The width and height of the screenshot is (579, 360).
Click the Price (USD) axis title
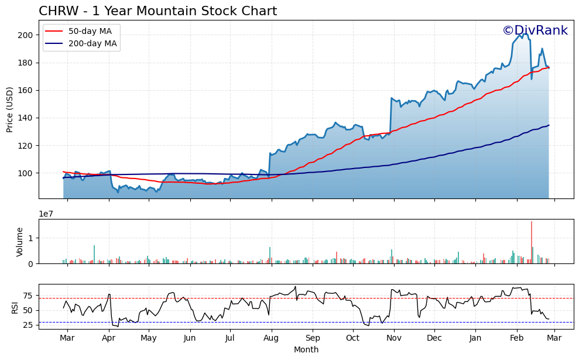tap(10, 109)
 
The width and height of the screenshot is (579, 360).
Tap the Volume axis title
tap(20, 242)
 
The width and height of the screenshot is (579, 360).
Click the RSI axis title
tap(15, 307)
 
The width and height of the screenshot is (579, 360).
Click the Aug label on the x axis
tap(270, 338)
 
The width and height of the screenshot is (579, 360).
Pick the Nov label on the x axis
tap(394, 338)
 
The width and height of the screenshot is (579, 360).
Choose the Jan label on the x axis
tap(475, 338)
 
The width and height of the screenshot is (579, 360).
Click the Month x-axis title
tap(306, 349)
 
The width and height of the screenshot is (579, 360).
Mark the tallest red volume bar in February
tap(532, 242)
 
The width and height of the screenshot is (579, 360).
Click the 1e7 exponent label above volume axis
tap(47, 214)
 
